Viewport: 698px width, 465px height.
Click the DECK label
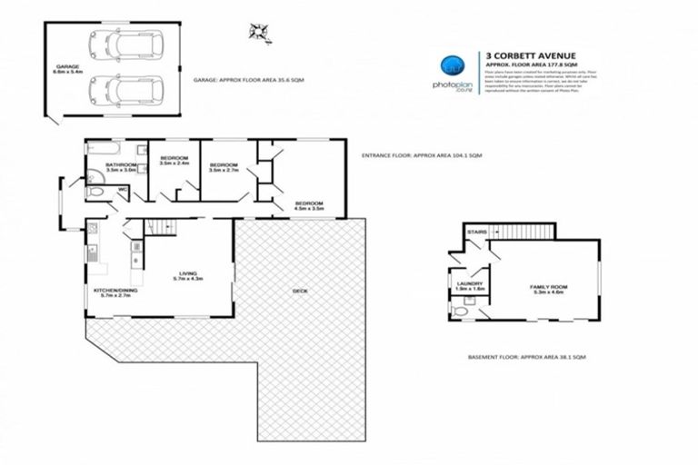tap(300, 292)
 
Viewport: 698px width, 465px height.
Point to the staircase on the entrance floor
tap(161, 226)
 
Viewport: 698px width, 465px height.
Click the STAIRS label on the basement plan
tap(475, 232)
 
